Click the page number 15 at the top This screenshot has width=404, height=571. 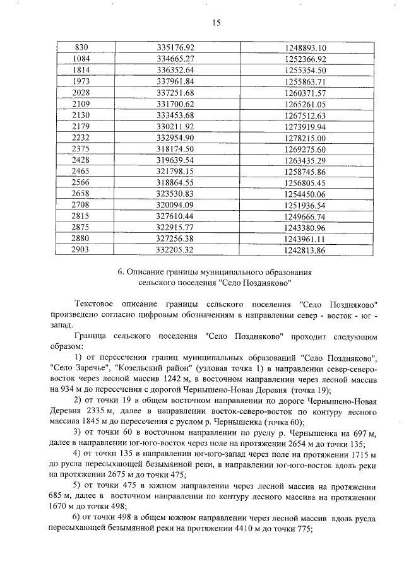tap(215, 23)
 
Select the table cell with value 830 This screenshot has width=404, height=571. tap(82, 47)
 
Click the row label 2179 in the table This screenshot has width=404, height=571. tap(82, 126)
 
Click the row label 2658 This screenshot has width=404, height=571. tap(82, 194)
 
